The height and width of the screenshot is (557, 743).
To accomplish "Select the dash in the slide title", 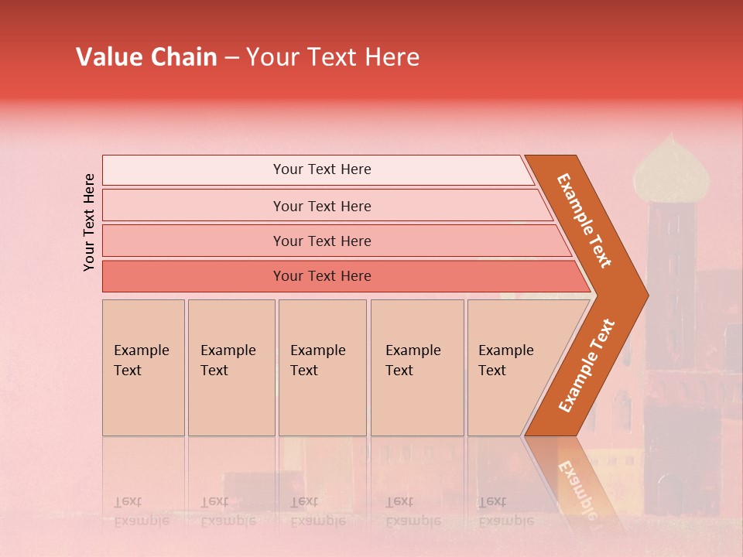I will (231, 58).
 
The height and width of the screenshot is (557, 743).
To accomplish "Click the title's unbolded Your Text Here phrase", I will (333, 57).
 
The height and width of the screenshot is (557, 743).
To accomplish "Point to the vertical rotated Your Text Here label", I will (89, 222).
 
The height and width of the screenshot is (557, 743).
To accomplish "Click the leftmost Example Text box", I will (143, 367).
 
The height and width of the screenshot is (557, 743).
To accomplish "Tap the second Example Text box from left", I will (231, 367).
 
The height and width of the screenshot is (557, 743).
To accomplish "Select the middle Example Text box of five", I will (322, 367).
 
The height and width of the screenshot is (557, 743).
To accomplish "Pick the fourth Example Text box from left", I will (417, 367).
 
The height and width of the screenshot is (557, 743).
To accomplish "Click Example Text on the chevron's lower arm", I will (586, 365).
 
